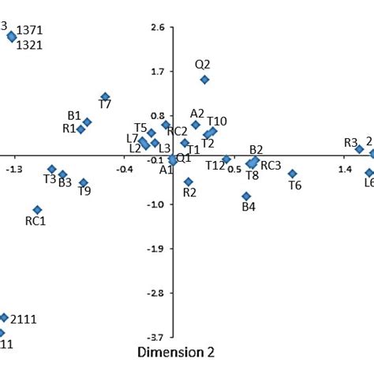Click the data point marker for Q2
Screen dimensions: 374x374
tap(204, 80)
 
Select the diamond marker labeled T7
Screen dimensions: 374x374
tap(105, 97)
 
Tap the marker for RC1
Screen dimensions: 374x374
tap(37, 210)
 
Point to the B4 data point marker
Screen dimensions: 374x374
tap(246, 196)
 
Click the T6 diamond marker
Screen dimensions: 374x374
tap(292, 174)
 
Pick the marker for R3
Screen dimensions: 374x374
tap(359, 149)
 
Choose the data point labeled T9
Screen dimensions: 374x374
tap(84, 183)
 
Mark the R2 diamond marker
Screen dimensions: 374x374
tap(188, 181)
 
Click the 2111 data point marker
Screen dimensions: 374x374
tap(4, 317)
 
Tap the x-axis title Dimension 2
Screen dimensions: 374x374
tap(175, 352)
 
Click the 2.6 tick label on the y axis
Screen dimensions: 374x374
tap(157, 28)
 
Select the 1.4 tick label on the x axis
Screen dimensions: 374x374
tap(346, 169)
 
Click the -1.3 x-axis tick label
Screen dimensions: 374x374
tap(13, 169)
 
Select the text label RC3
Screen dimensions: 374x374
tap(271, 166)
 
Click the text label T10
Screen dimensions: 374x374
tap(217, 121)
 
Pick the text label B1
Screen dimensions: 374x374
tap(74, 115)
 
